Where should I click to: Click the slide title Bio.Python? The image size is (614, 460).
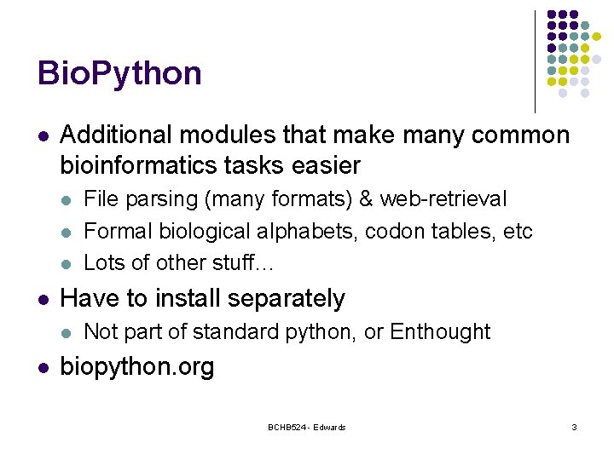point(119,74)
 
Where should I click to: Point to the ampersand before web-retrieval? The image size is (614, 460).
point(367,199)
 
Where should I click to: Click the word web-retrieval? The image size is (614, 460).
point(443,199)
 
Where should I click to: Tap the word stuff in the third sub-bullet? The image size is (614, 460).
point(238,262)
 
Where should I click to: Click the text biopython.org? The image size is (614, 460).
point(137,367)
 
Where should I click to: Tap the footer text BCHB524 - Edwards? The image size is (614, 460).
point(306,427)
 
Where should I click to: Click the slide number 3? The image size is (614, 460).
point(574,427)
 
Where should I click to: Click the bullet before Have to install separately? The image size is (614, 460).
point(43,299)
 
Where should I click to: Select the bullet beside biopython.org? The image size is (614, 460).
point(43,368)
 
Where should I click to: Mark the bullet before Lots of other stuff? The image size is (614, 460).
point(67,263)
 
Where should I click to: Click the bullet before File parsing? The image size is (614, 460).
point(67,200)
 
